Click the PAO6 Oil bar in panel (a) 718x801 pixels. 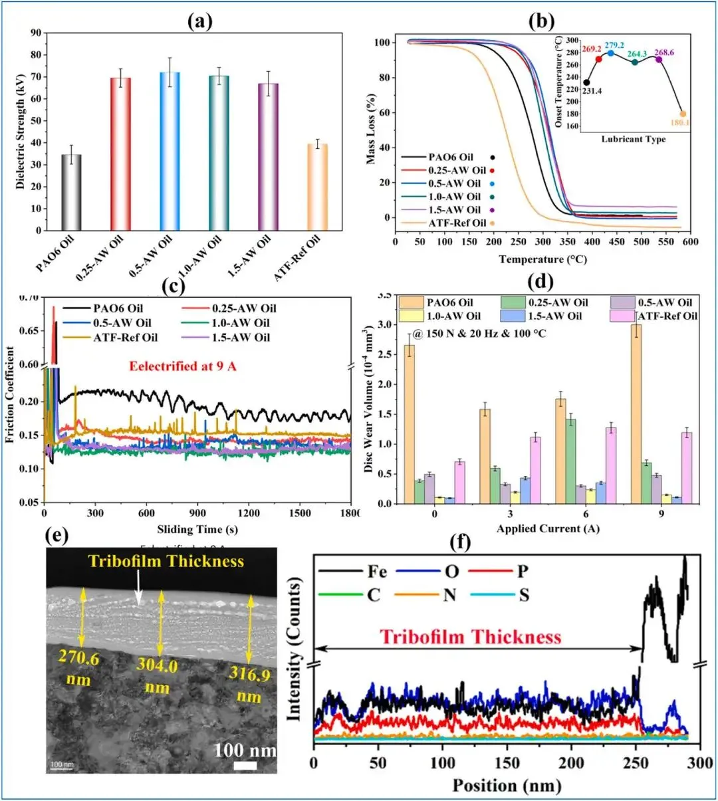click(x=71, y=192)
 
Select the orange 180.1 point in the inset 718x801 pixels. click(x=683, y=114)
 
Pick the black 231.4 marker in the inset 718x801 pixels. click(x=586, y=82)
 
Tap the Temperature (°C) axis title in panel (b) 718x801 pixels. click(x=542, y=259)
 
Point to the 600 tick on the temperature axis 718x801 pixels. click(x=689, y=242)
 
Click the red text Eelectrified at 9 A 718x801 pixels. click(x=183, y=366)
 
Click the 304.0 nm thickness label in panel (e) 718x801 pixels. click(x=157, y=675)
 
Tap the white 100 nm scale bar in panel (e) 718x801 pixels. click(x=246, y=766)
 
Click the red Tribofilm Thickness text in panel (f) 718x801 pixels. click(x=471, y=637)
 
